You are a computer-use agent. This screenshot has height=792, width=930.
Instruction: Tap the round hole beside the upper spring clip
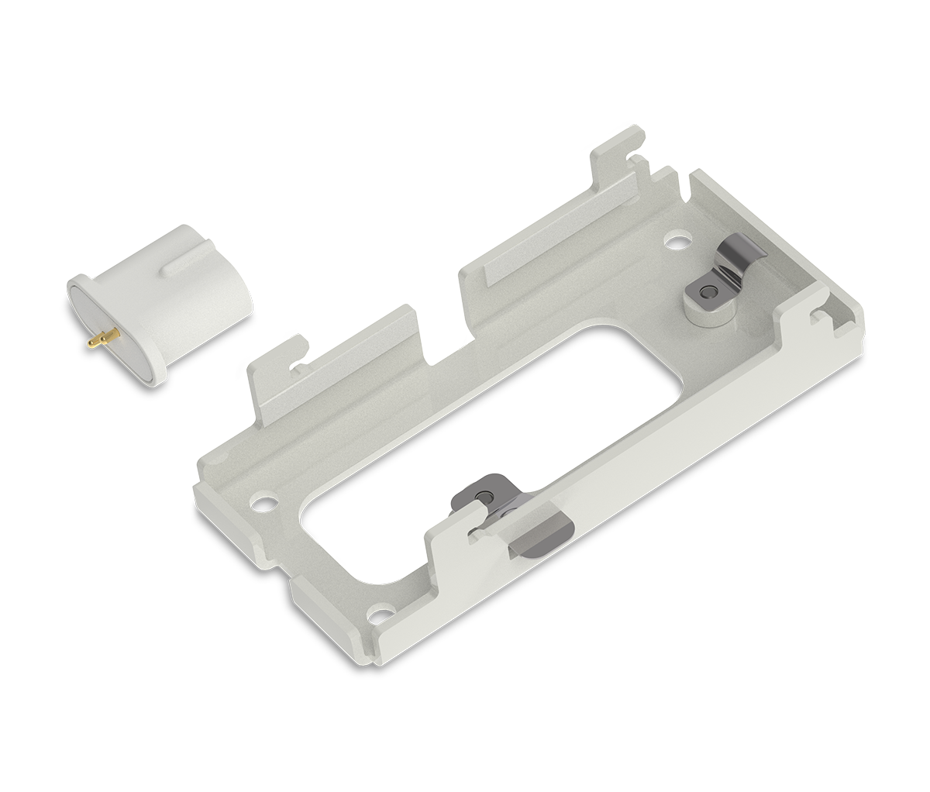678,242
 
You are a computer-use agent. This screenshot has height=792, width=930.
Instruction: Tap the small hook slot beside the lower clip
475,530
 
